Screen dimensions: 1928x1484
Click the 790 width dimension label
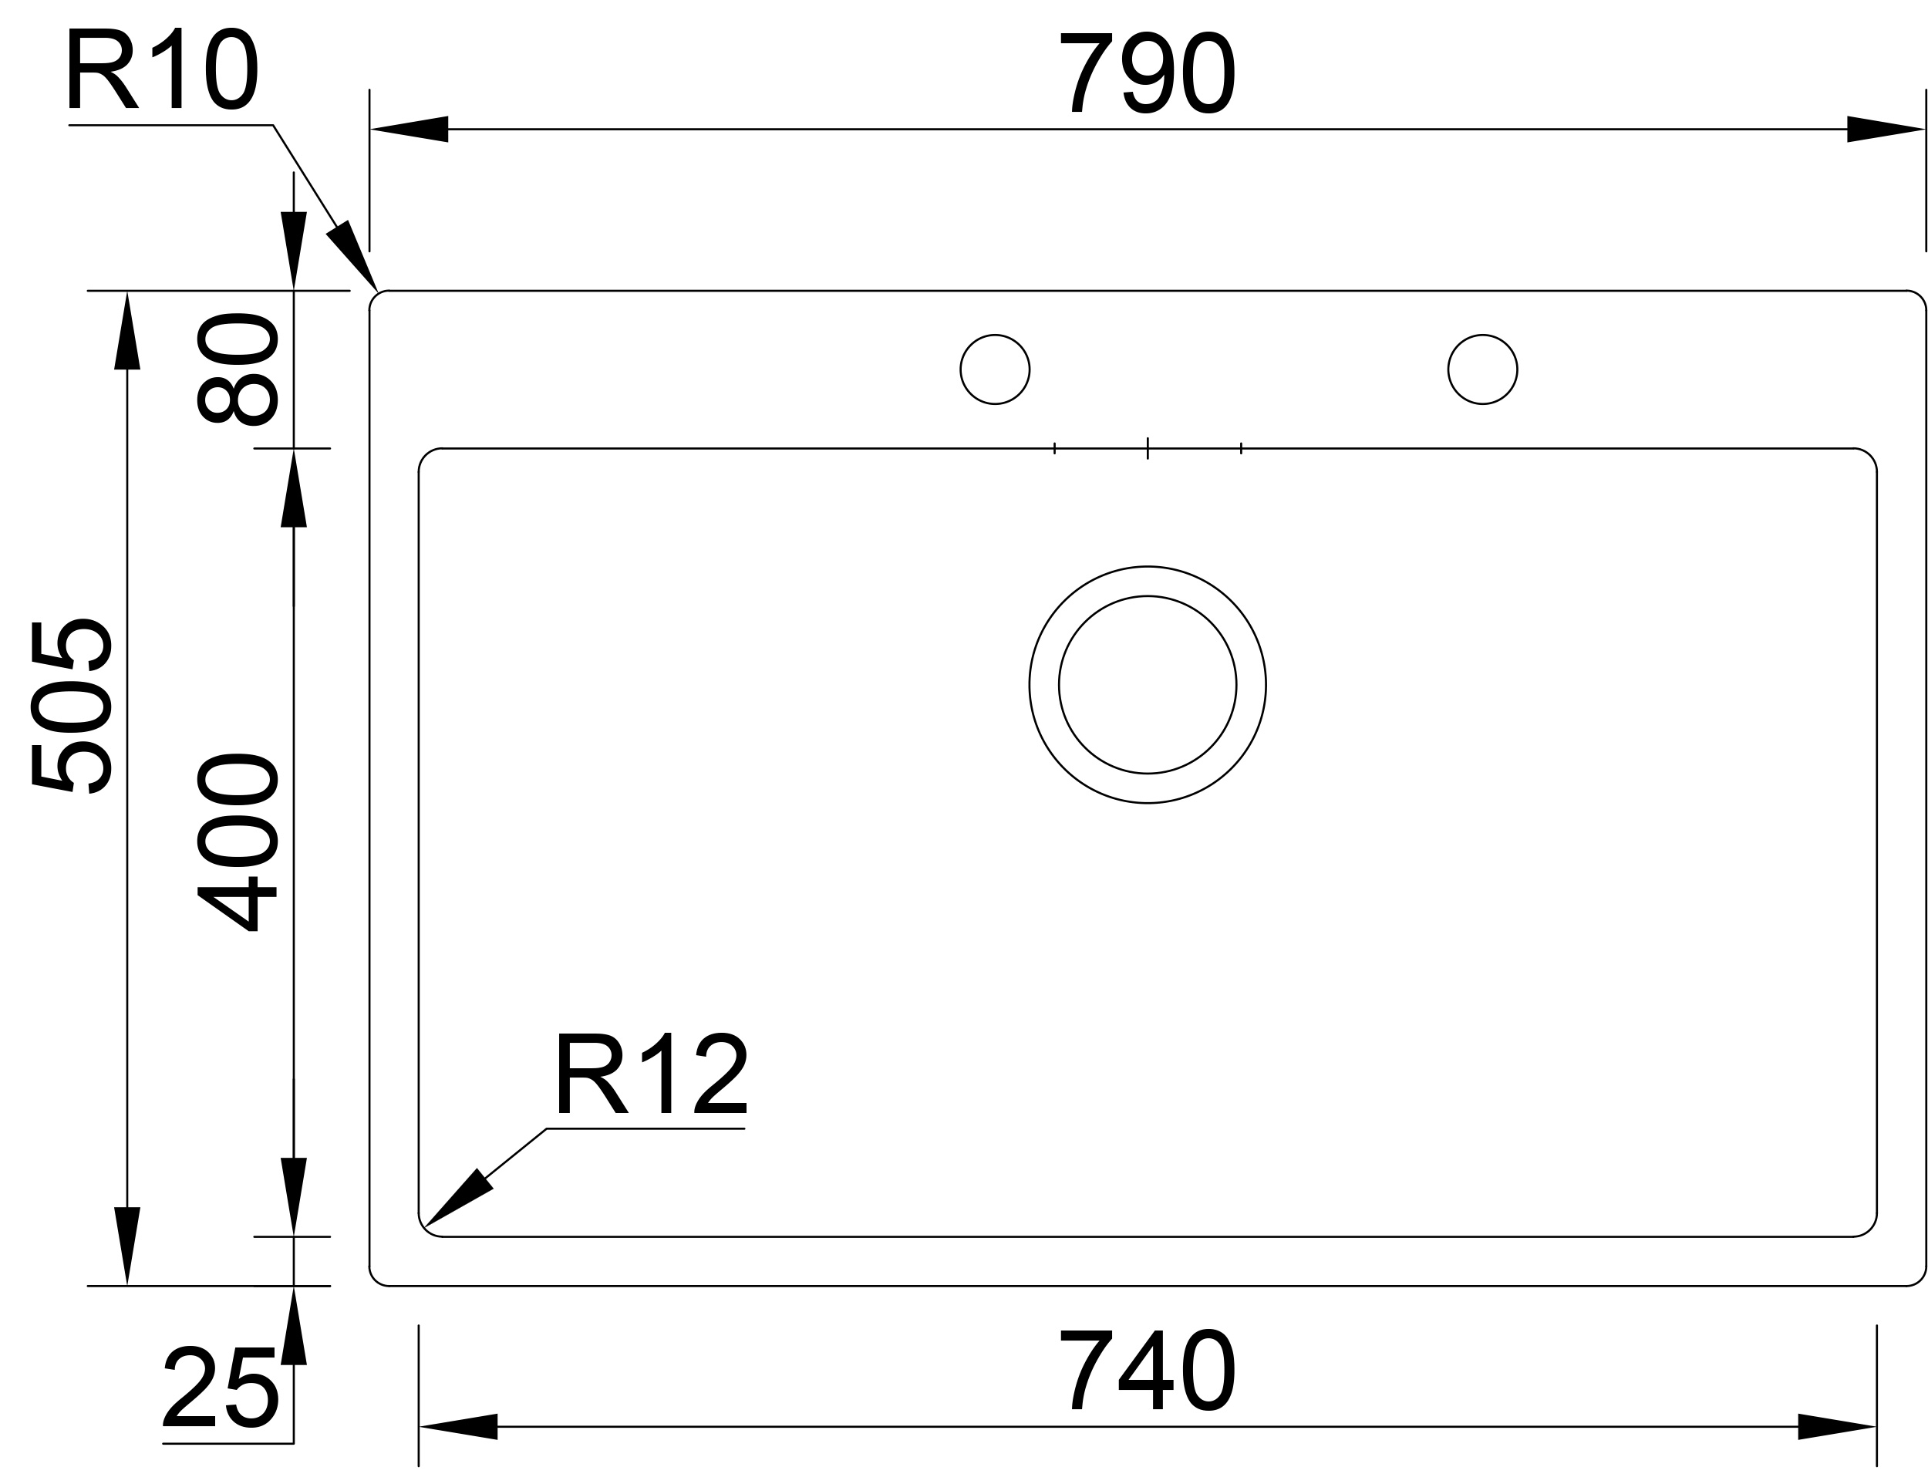pyautogui.click(x=1147, y=73)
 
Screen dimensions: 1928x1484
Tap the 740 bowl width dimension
pyautogui.click(x=1147, y=1369)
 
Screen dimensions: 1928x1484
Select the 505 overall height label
pyautogui.click(x=71, y=706)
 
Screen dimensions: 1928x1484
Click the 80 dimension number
pyautogui.click(x=237, y=369)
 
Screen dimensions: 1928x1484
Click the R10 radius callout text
pyautogui.click(x=163, y=68)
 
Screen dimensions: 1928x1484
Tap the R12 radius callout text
pyautogui.click(x=652, y=1073)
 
